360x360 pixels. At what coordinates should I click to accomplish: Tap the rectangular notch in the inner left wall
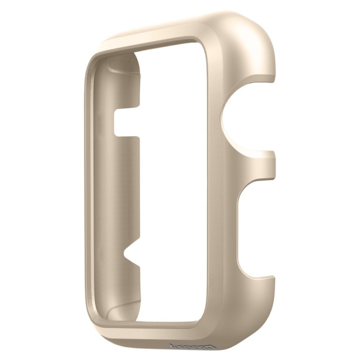point(125,123)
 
